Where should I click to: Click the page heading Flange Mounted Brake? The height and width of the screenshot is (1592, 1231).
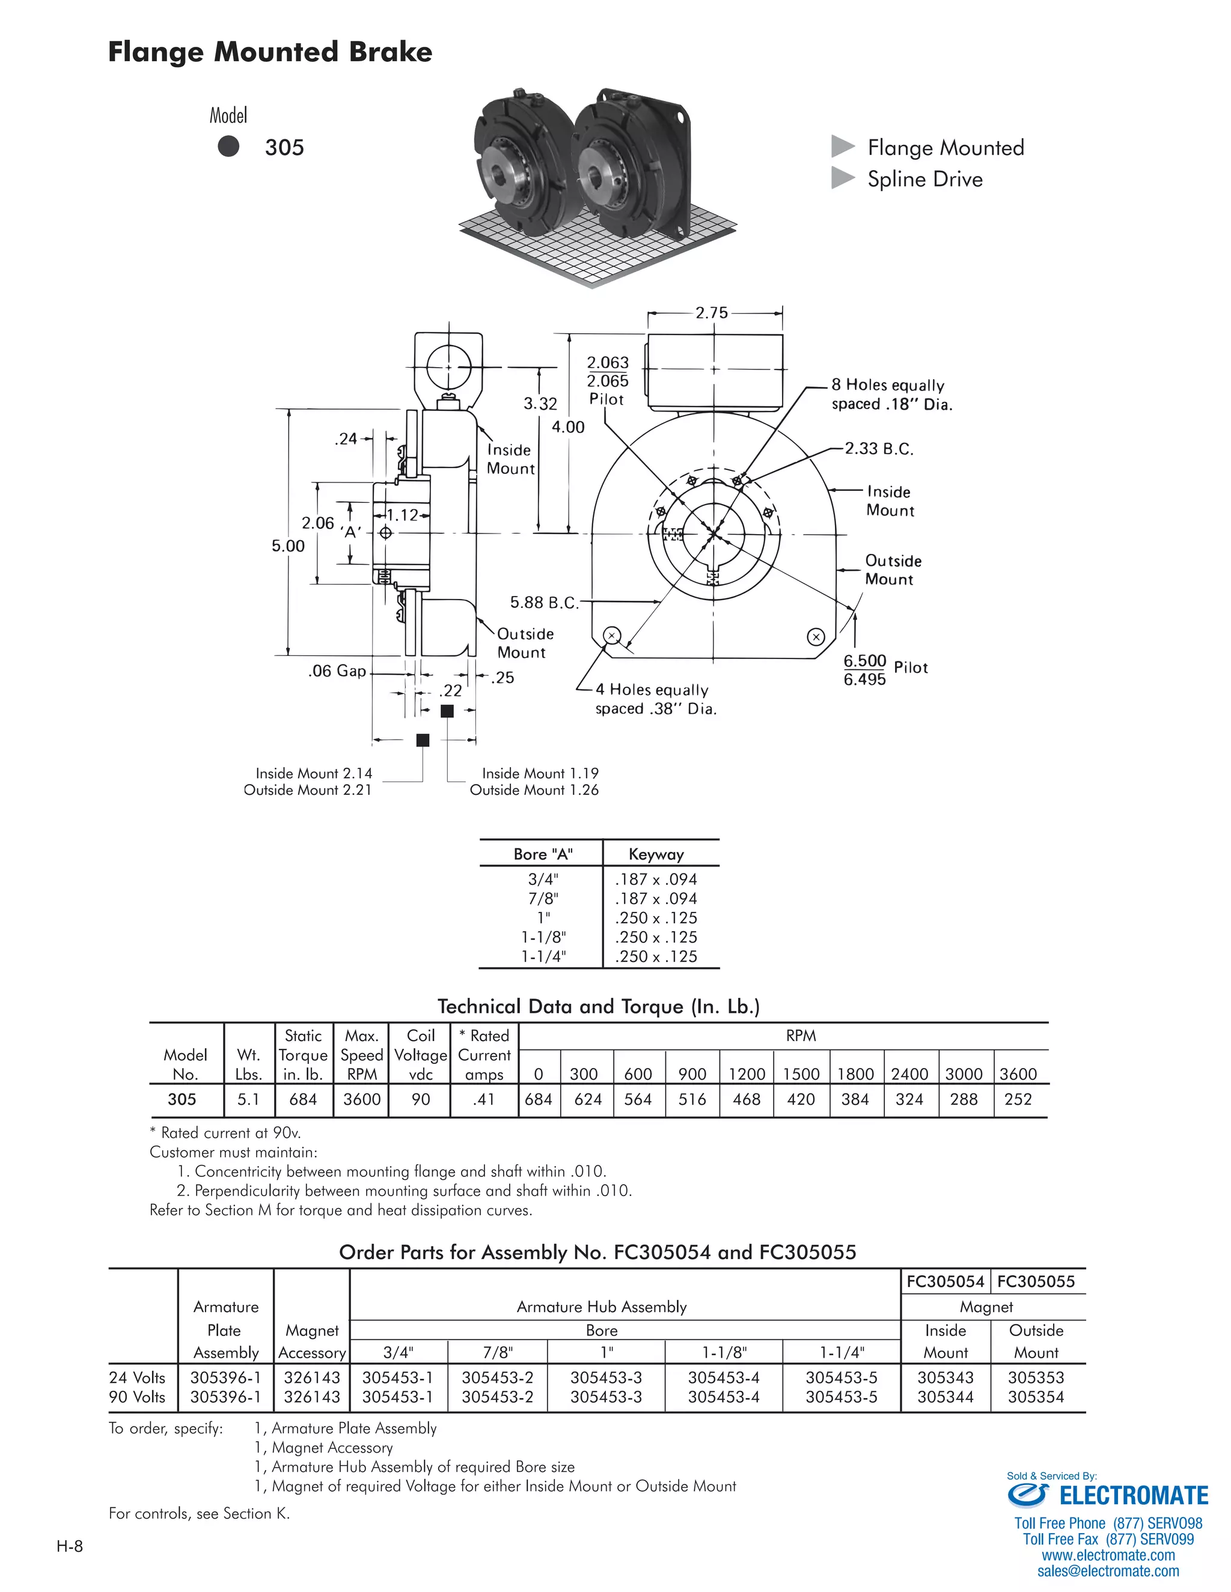click(270, 52)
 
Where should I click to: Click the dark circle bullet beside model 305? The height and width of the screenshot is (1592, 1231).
click(228, 147)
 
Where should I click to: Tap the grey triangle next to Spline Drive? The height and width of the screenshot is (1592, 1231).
click(842, 178)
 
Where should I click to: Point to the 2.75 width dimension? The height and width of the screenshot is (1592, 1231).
click(711, 313)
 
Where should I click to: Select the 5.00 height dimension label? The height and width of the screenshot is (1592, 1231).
click(288, 546)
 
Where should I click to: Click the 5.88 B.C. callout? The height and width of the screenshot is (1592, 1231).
click(543, 602)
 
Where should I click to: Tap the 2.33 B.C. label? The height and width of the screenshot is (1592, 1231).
click(879, 448)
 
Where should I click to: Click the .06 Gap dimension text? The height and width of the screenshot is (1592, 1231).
click(337, 670)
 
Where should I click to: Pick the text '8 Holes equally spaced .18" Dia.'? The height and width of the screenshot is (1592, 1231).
click(891, 394)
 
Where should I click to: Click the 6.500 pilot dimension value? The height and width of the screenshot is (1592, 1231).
click(864, 660)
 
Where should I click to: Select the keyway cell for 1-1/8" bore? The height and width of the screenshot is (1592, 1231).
click(656, 937)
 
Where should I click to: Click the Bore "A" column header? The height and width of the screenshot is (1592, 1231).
click(543, 854)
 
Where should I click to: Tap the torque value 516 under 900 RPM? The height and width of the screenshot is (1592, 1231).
click(692, 1099)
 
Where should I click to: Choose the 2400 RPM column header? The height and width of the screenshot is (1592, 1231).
click(909, 1074)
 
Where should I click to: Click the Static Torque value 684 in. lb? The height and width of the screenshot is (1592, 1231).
click(303, 1099)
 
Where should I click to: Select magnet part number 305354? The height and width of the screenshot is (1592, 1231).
click(1036, 1397)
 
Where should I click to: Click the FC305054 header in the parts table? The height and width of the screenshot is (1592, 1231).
click(945, 1281)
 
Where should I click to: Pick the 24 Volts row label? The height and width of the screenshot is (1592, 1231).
click(137, 1378)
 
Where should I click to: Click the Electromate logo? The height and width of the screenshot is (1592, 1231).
click(1108, 1496)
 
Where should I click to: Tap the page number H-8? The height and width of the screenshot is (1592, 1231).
click(70, 1546)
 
